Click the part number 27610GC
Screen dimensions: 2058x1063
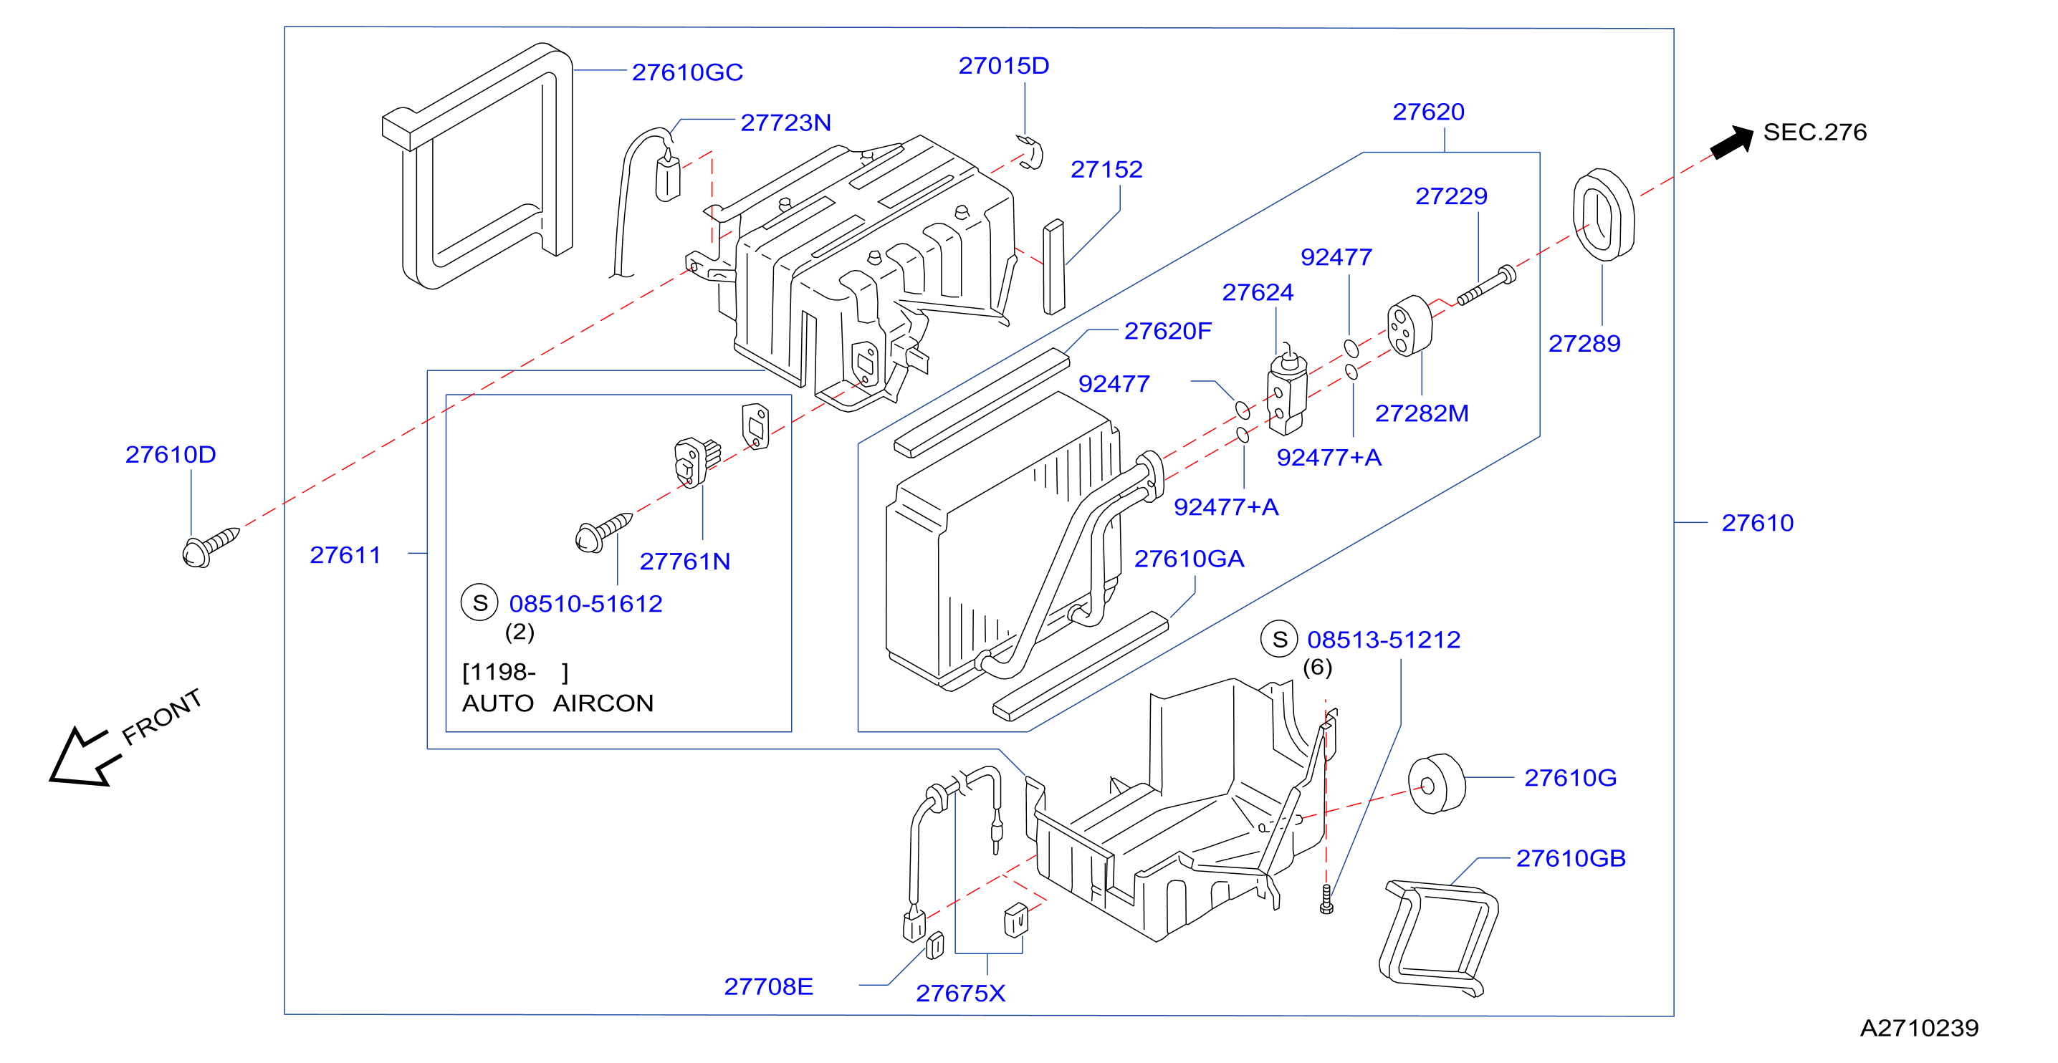pos(687,72)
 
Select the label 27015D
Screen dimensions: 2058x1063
pos(1003,67)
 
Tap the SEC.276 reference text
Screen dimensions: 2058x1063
pos(1814,132)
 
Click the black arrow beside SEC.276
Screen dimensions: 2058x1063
pos(1731,141)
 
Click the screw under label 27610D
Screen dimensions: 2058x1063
pos(209,547)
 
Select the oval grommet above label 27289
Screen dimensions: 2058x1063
pos(1604,214)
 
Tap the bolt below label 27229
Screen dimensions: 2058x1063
pos(1486,286)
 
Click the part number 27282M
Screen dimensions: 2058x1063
pos(1421,414)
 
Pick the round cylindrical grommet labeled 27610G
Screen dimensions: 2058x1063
pos(1437,784)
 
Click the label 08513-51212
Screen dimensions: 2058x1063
pos(1383,640)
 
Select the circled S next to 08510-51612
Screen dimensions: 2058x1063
pos(479,603)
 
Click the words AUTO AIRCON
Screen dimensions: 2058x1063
pos(557,703)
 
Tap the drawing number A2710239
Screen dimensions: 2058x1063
pos(1919,1028)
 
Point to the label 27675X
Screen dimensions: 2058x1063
pos(960,994)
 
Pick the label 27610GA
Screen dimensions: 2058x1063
pos(1189,559)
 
